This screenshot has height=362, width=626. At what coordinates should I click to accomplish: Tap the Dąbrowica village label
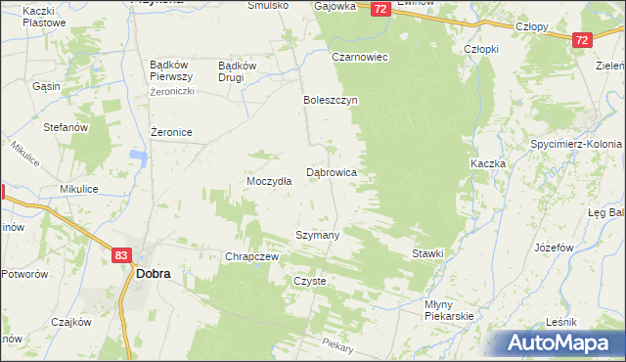pyautogui.click(x=332, y=172)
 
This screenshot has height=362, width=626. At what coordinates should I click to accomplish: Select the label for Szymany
pyautogui.click(x=318, y=236)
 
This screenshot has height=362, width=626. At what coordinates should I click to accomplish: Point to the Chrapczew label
pyautogui.click(x=253, y=256)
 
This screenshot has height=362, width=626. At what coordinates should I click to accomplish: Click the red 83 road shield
pyautogui.click(x=121, y=255)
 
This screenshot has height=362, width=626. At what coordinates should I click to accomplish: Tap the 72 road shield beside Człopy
pyautogui.click(x=582, y=39)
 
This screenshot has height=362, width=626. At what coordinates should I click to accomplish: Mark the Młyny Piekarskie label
pyautogui.click(x=449, y=310)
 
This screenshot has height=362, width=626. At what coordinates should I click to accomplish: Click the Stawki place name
pyautogui.click(x=427, y=253)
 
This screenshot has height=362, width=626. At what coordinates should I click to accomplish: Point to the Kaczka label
pyautogui.click(x=487, y=163)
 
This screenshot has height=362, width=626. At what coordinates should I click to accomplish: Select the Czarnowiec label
pyautogui.click(x=360, y=57)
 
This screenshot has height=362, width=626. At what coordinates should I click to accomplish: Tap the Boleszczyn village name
pyautogui.click(x=332, y=101)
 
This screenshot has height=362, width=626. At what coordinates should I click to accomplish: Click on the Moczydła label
pyautogui.click(x=269, y=182)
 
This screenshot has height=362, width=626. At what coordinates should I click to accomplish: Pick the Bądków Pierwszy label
pyautogui.click(x=174, y=71)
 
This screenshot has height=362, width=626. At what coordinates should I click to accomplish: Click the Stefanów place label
pyautogui.click(x=67, y=127)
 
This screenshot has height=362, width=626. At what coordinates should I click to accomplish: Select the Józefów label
pyautogui.click(x=554, y=248)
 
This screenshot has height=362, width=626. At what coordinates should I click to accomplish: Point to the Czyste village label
pyautogui.click(x=310, y=281)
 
